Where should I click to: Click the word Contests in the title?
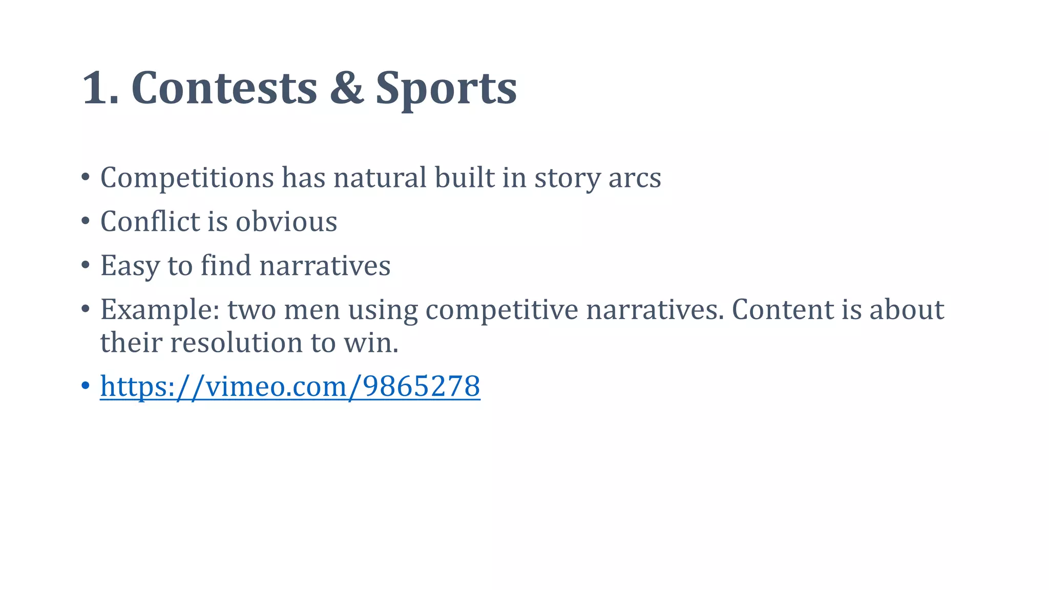pos(224,88)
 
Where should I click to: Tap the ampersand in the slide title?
pos(346,88)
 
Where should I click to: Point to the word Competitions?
pos(187,178)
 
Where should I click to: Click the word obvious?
pos(286,221)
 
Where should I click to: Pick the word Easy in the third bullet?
pos(130,266)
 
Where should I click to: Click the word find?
pos(225,265)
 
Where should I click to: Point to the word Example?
pos(160,310)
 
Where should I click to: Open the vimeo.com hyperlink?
pos(290,386)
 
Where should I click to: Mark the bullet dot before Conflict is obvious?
pos(85,221)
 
